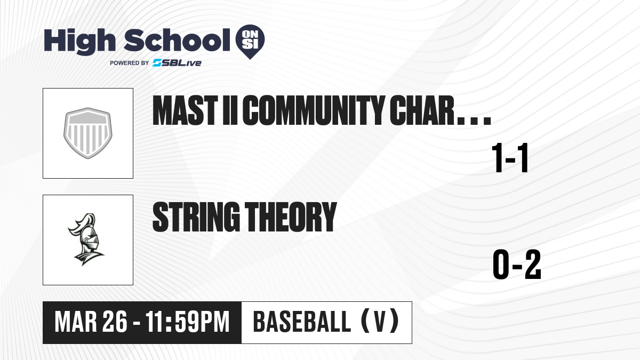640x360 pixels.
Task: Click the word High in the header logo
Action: (79, 41)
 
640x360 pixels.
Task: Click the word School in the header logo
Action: (177, 40)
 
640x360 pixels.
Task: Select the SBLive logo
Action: (177, 63)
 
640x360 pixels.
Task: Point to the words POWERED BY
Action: (130, 63)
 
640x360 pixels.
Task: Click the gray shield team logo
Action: (87, 133)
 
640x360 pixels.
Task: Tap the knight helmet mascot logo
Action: (86, 239)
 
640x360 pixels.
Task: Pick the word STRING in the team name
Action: (196, 217)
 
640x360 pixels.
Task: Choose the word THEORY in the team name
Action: (291, 217)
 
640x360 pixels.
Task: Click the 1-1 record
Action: (510, 158)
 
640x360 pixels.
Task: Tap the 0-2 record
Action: (517, 265)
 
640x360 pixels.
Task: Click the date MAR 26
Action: (91, 322)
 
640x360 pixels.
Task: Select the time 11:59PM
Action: (187, 322)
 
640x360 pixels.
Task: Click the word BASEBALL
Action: (302, 322)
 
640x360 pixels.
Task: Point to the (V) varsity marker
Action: (380, 322)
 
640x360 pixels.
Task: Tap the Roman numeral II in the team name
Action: (230, 110)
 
